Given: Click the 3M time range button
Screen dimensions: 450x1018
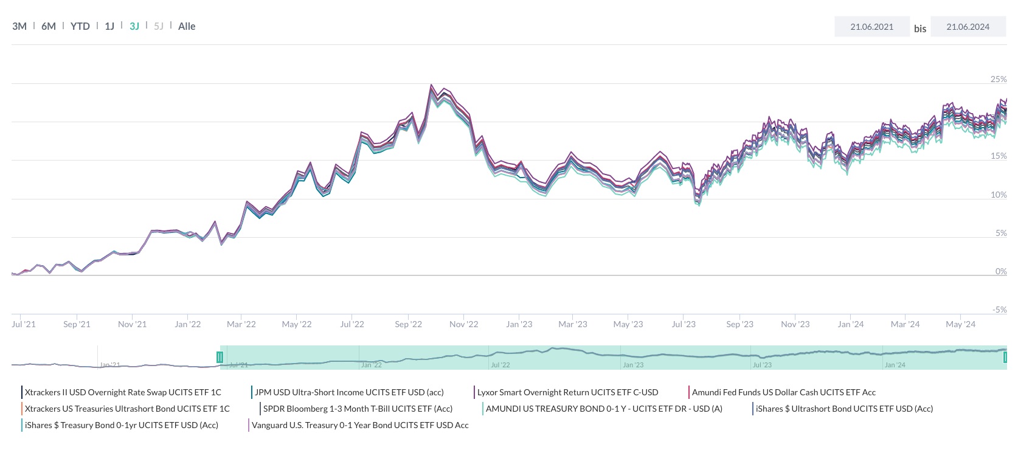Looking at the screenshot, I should pyautogui.click(x=19, y=26).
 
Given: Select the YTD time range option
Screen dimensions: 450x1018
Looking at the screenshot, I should pyautogui.click(x=80, y=26).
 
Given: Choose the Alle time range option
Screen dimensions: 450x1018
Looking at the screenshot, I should pyautogui.click(x=187, y=26).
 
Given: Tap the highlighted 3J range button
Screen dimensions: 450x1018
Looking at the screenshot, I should pyautogui.click(x=134, y=26).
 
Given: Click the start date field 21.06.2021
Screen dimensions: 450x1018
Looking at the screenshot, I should pyautogui.click(x=871, y=27).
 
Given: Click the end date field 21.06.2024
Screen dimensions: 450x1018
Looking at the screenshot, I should pyautogui.click(x=968, y=27).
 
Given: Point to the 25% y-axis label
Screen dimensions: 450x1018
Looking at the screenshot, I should pyautogui.click(x=999, y=79).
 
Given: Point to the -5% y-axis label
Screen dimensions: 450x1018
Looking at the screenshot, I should pyautogui.click(x=999, y=310).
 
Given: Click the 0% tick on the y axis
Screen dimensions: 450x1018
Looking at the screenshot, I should pyautogui.click(x=1001, y=271).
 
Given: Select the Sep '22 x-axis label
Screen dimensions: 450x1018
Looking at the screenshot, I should pyautogui.click(x=408, y=324).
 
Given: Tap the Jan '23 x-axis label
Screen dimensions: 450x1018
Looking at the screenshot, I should pyautogui.click(x=519, y=324).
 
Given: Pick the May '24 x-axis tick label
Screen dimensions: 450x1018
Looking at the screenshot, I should pyautogui.click(x=960, y=324).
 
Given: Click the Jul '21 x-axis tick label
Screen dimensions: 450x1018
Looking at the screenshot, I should pyautogui.click(x=24, y=324).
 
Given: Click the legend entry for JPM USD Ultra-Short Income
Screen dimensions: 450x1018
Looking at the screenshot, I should pyautogui.click(x=349, y=392).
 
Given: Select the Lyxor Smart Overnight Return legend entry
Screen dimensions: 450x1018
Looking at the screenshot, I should pyautogui.click(x=567, y=392).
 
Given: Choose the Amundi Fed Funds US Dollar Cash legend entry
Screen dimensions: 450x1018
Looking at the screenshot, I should pyautogui.click(x=783, y=392).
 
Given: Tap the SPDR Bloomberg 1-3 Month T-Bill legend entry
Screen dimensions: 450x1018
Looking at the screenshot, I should pyautogui.click(x=358, y=409).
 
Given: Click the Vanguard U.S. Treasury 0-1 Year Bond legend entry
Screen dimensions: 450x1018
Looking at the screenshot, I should pyautogui.click(x=360, y=425).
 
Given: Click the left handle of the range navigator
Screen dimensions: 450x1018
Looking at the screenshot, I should pyautogui.click(x=220, y=358).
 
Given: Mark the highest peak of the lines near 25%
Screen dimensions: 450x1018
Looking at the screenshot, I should pyautogui.click(x=431, y=85).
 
